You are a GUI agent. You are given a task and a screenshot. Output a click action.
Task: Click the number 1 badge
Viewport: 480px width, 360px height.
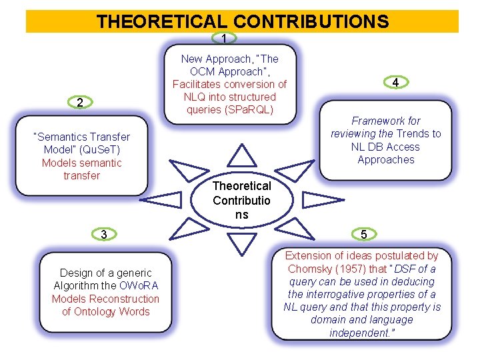coord(225,39)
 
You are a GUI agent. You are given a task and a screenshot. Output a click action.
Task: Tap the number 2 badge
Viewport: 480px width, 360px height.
coord(79,103)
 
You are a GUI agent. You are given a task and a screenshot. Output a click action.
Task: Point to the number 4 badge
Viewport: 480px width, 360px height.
coord(395,83)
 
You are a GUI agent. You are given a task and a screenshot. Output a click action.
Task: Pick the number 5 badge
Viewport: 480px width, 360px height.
coord(363,235)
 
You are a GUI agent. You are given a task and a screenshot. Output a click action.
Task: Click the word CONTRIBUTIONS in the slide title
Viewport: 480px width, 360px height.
coord(311,21)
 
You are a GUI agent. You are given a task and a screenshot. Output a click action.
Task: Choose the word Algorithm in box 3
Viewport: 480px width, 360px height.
coord(77,286)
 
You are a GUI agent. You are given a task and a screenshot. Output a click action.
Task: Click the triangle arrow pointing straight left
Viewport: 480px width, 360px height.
coord(163,199)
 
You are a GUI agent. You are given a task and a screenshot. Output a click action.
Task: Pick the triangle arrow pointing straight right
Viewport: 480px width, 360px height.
coord(321,199)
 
